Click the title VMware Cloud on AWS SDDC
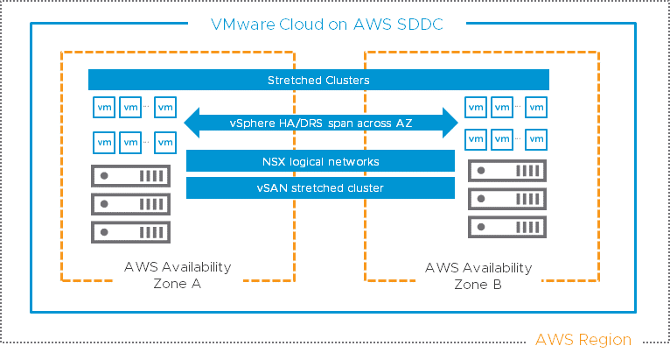pos(326,25)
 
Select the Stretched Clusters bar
pos(318,81)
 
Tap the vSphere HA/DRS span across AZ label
pos(320,124)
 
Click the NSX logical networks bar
pos(321,161)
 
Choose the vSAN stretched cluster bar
pos(321,187)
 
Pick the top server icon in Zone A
pos(130,175)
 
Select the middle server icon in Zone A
pos(130,203)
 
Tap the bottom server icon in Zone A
pos(130,232)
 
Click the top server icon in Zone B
pos(507,170)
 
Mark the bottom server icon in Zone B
pos(507,227)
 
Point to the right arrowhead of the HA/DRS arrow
pos(450,124)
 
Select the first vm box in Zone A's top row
pos(103,107)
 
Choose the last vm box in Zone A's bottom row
pos(164,141)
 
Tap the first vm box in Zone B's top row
pos(477,107)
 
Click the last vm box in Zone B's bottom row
pos(537,138)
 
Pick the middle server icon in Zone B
pos(507,198)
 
